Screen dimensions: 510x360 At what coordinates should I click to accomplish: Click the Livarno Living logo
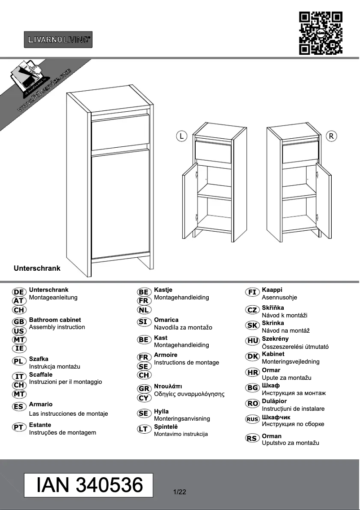[58, 40]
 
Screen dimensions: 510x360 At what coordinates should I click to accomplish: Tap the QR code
[321, 33]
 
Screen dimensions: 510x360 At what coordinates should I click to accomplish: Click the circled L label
[181, 136]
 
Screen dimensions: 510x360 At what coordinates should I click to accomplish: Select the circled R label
[331, 136]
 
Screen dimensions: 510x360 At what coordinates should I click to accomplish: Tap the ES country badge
[19, 407]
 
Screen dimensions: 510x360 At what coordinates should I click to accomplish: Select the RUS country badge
[253, 419]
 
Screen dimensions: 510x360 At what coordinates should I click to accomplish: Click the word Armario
[41, 404]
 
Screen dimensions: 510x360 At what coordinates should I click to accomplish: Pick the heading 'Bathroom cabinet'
[55, 320]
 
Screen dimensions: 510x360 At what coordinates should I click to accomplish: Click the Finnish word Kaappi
[272, 290]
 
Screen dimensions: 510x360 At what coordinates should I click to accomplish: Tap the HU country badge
[253, 341]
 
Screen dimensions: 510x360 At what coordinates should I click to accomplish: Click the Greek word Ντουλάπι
[168, 386]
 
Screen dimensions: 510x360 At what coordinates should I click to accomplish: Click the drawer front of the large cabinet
[120, 132]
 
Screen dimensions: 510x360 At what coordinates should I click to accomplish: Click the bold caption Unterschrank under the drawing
[37, 268]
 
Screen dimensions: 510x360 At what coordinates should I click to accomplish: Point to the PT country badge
[19, 427]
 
